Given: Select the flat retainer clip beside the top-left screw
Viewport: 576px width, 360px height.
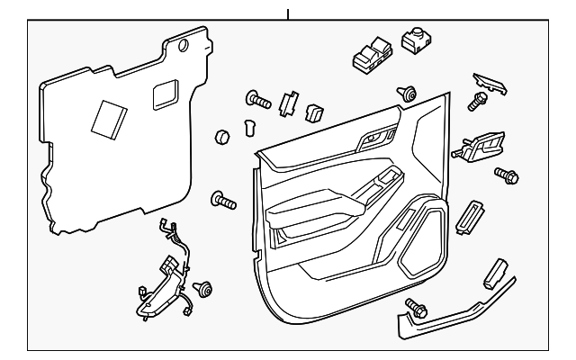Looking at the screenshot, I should (290, 103).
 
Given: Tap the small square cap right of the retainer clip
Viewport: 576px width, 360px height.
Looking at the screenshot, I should (316, 113).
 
